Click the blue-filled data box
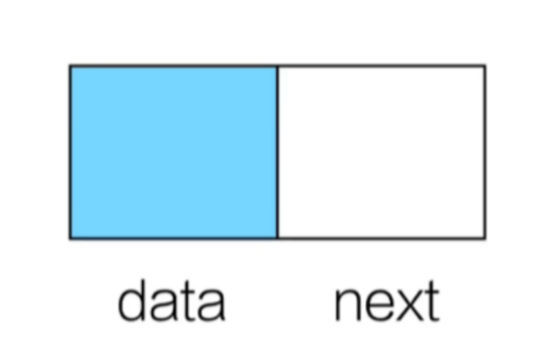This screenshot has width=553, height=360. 174,152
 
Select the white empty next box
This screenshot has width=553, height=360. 381,152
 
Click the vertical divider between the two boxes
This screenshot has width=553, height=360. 278,152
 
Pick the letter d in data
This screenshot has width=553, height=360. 132,300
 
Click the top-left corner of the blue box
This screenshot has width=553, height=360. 70,66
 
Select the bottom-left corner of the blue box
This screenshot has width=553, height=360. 70,238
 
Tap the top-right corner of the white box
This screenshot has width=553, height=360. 485,66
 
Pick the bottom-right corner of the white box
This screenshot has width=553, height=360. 485,238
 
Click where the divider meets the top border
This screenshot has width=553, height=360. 278,66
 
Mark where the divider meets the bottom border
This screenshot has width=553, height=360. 278,238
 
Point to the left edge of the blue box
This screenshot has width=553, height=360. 70,152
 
